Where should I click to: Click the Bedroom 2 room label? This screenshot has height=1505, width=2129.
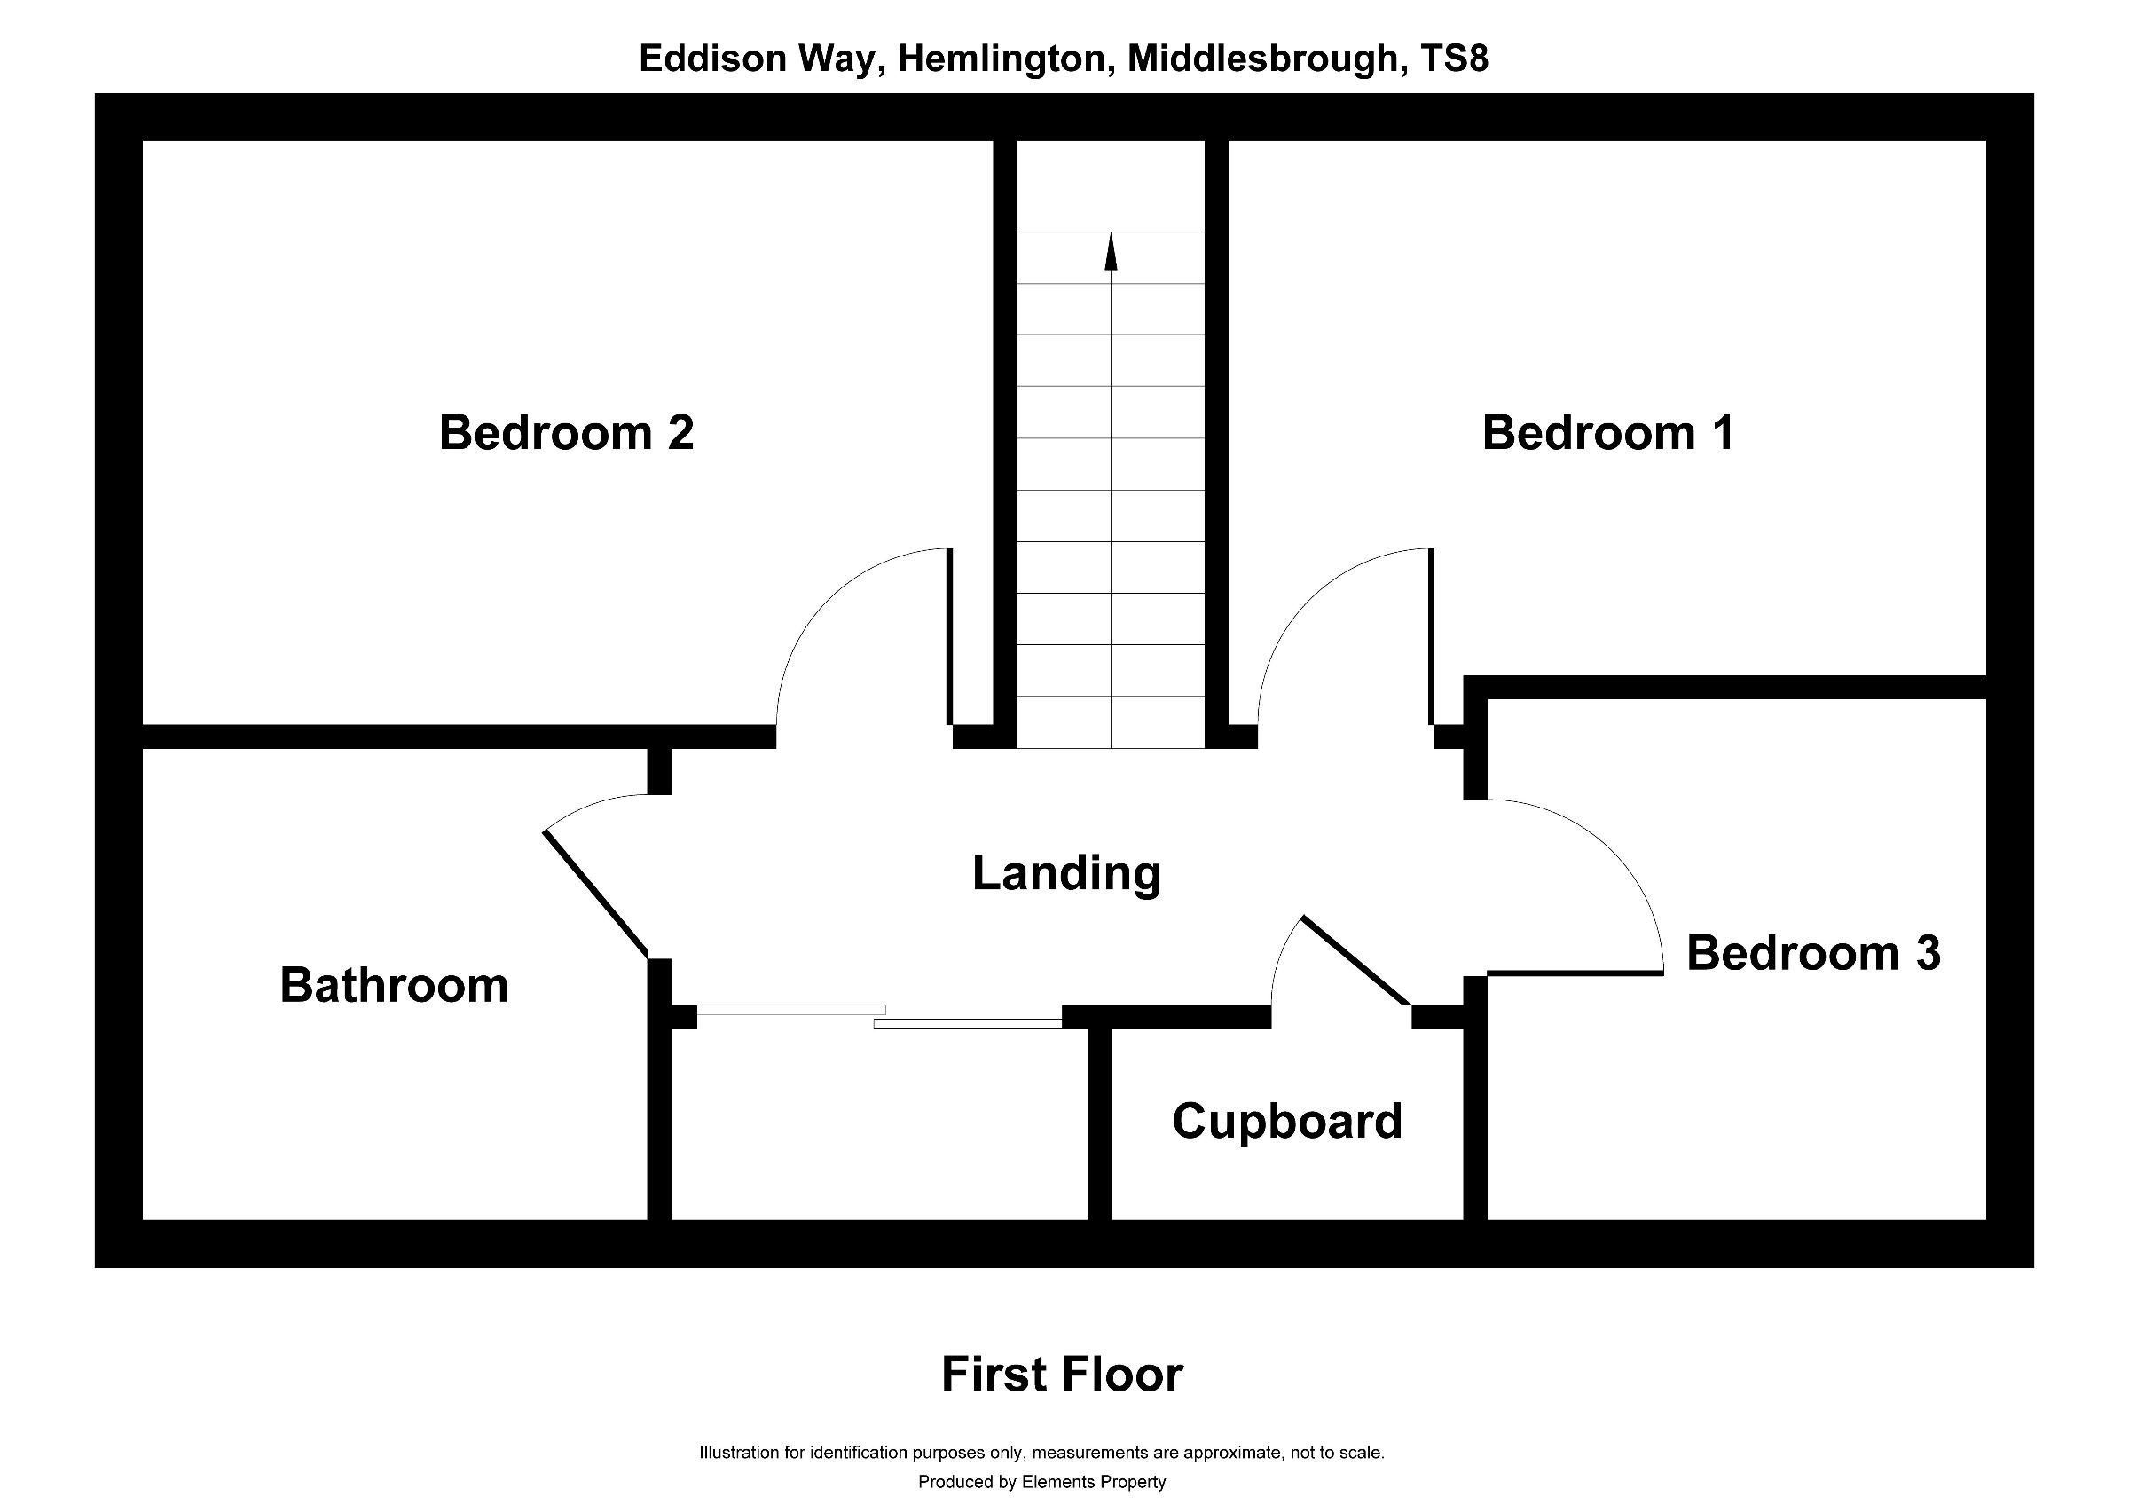tap(566, 433)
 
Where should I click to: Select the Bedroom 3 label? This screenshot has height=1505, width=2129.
tap(1813, 953)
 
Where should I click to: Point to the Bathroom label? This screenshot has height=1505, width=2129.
tap(394, 985)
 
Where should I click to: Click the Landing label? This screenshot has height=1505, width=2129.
tap(1066, 872)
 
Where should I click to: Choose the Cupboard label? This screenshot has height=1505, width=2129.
tap(1286, 1121)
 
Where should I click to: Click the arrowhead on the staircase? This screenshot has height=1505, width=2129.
tap(1111, 252)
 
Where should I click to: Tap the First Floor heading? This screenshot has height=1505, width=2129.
tap(1062, 1375)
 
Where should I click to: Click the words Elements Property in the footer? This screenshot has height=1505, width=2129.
tap(1093, 1482)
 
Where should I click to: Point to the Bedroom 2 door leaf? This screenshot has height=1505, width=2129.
tap(949, 636)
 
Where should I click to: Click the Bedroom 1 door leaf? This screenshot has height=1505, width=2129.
tap(1432, 636)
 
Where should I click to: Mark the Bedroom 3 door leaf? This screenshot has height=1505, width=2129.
tap(1575, 973)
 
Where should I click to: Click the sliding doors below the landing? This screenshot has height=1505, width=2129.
tap(879, 1017)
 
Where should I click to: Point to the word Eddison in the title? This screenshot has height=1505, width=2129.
tap(711, 59)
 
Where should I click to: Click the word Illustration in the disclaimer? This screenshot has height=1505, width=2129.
tap(739, 1452)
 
